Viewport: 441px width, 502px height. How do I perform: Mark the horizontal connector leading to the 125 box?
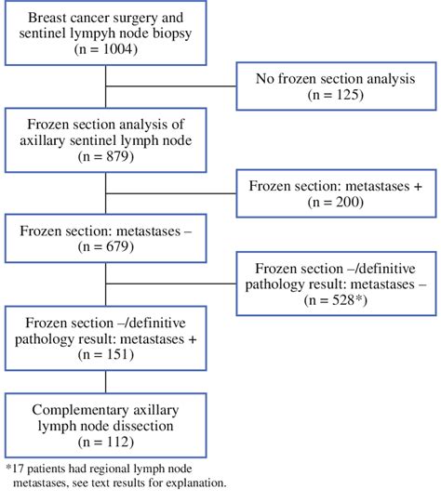[171, 86]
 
